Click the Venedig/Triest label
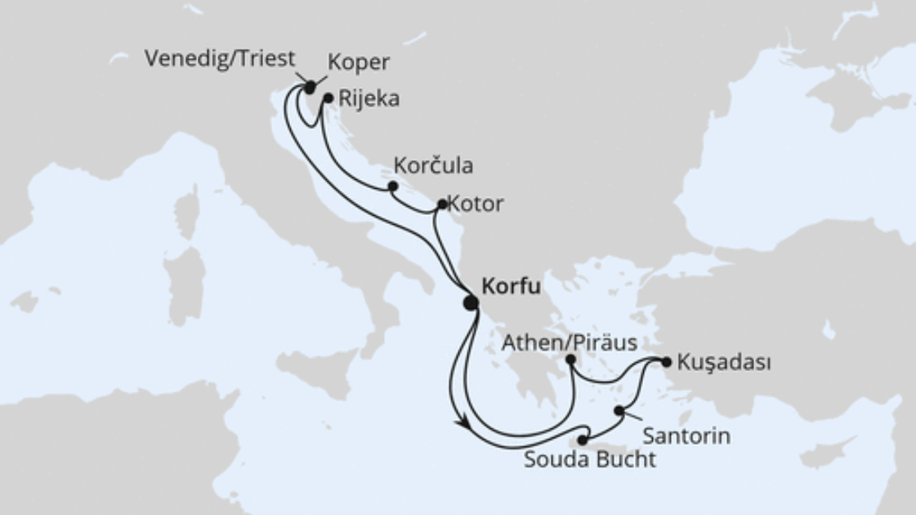point(220,59)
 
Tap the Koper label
point(358,62)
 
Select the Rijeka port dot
point(328,98)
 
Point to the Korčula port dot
point(393,186)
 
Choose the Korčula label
point(433,165)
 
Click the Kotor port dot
point(442,204)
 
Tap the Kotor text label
point(476,204)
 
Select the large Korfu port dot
point(471,302)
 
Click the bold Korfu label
point(512,286)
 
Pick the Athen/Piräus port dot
point(570,360)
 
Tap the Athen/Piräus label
point(570,342)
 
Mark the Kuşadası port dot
point(667,361)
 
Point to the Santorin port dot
point(619,410)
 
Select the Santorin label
point(686,435)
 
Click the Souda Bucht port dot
point(582,441)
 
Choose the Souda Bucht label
point(590,459)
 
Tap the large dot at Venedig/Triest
point(310,87)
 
